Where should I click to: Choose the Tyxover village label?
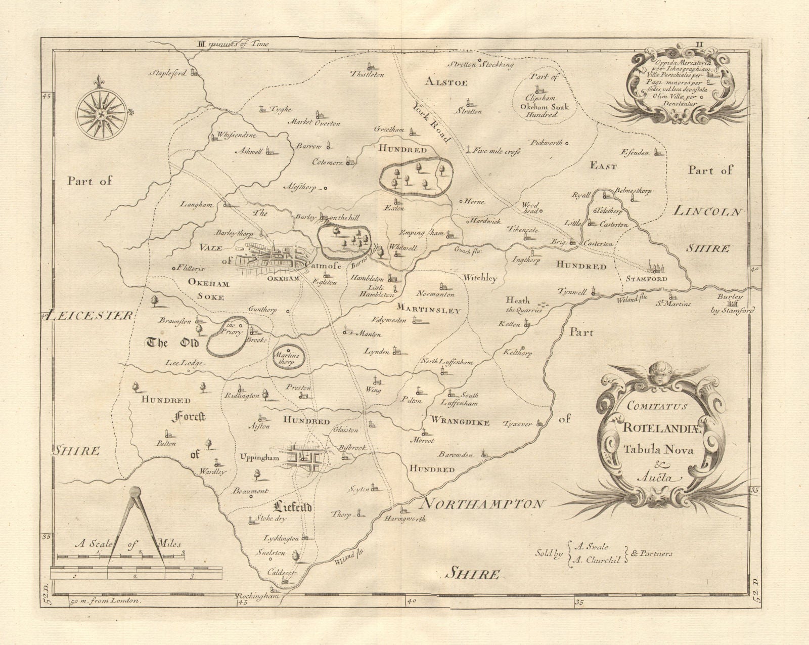click(518, 424)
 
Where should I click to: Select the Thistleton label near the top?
click(367, 74)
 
